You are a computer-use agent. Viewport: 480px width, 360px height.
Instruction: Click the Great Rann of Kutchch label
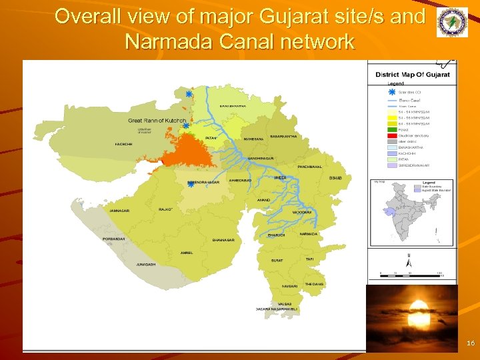tap(157, 121)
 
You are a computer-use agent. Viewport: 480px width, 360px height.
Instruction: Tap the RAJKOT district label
tap(165, 209)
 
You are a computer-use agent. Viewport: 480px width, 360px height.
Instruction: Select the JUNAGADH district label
tap(146, 265)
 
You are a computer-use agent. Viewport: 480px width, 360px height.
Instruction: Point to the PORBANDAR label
tap(113, 239)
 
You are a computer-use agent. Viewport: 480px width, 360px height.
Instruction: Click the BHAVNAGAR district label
tap(223, 240)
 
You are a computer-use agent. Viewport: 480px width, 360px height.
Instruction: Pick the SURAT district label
tap(277, 261)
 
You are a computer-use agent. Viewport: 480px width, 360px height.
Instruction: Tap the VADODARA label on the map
tap(302, 212)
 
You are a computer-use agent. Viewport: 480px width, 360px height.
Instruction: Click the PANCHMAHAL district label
tap(309, 167)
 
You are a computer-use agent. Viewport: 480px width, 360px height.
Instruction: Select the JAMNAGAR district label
tap(120, 211)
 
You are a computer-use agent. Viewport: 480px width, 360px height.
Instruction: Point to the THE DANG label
tap(314, 284)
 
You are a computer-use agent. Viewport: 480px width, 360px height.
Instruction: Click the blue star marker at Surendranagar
tap(191, 185)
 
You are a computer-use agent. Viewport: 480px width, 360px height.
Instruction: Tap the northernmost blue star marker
tap(189, 95)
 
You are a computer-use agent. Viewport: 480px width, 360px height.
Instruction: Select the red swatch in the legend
tap(393, 135)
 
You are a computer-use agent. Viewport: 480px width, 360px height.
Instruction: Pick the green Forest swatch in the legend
tap(393, 130)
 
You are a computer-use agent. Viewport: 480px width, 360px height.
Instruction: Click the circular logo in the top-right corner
tap(452, 23)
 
